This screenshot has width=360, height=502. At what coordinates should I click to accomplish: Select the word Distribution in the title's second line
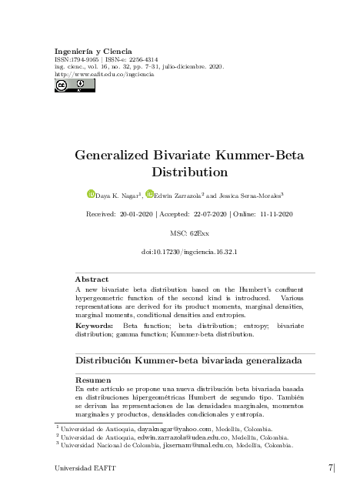pyautogui.click(x=189, y=172)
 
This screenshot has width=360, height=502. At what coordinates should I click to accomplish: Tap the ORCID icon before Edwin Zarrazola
pyautogui.click(x=150, y=194)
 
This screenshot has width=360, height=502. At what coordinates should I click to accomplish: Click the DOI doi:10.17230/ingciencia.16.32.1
pyautogui.click(x=189, y=251)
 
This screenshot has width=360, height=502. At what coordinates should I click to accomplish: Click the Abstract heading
pyautogui.click(x=92, y=279)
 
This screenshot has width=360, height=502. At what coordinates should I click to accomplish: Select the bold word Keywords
pyautogui.click(x=94, y=326)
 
